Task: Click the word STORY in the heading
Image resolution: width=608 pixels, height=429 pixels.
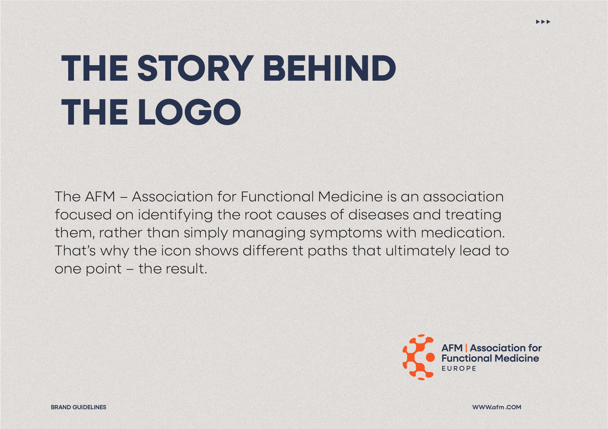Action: tap(196, 68)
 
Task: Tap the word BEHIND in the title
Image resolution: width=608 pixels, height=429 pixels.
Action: tap(329, 68)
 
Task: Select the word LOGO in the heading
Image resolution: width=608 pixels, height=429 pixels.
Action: tap(189, 112)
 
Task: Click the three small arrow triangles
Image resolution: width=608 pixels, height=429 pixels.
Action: tap(543, 22)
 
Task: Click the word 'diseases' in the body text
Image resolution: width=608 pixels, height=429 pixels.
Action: tap(379, 215)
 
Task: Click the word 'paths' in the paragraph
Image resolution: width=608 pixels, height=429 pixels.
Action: tap(327, 251)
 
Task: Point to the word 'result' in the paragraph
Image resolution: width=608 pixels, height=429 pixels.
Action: tap(186, 269)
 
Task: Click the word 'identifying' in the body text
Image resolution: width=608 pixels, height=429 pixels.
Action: tap(175, 215)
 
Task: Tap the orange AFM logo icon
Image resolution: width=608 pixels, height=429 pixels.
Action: tap(419, 357)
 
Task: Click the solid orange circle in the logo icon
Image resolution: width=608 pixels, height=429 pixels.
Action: tap(430, 357)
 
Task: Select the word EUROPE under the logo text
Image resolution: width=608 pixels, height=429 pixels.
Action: tap(459, 368)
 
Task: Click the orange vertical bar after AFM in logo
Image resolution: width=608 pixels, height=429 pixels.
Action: tap(466, 348)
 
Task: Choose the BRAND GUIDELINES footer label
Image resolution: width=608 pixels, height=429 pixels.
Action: tap(78, 407)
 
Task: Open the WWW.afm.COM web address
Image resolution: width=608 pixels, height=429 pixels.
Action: tap(497, 407)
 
